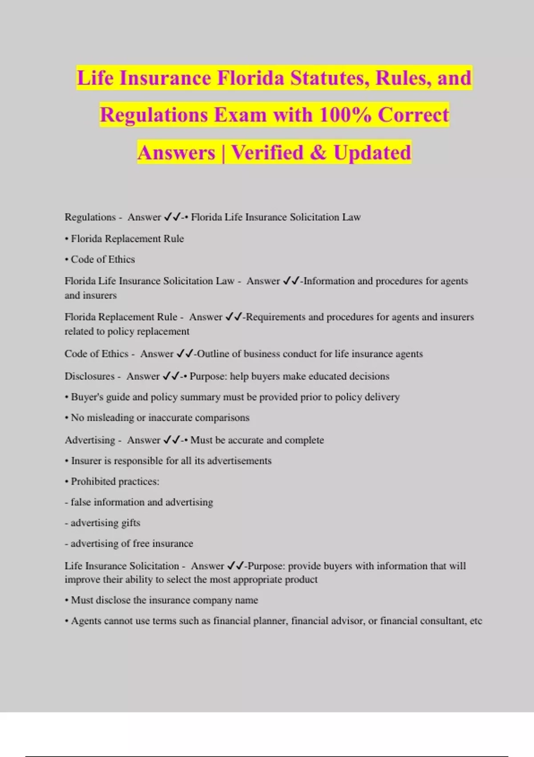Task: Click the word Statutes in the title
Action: (329, 78)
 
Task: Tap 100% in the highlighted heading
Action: (345, 115)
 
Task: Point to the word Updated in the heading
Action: (372, 153)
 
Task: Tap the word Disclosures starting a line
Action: (89, 376)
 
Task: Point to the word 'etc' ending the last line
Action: (476, 621)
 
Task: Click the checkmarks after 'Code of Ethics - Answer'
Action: (185, 354)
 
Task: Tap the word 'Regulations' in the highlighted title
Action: (154, 115)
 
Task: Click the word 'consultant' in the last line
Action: (442, 621)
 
